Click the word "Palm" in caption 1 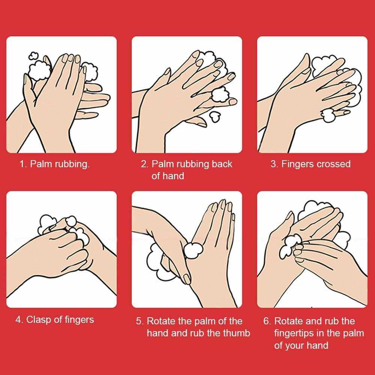[41, 164]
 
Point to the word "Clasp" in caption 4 [39, 320]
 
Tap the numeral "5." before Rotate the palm [139, 321]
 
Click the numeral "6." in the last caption [267, 321]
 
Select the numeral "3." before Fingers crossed [274, 164]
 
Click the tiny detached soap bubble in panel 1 [33, 56]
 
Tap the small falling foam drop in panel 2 [215, 117]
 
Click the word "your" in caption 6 [294, 346]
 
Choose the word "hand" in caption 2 [173, 176]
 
